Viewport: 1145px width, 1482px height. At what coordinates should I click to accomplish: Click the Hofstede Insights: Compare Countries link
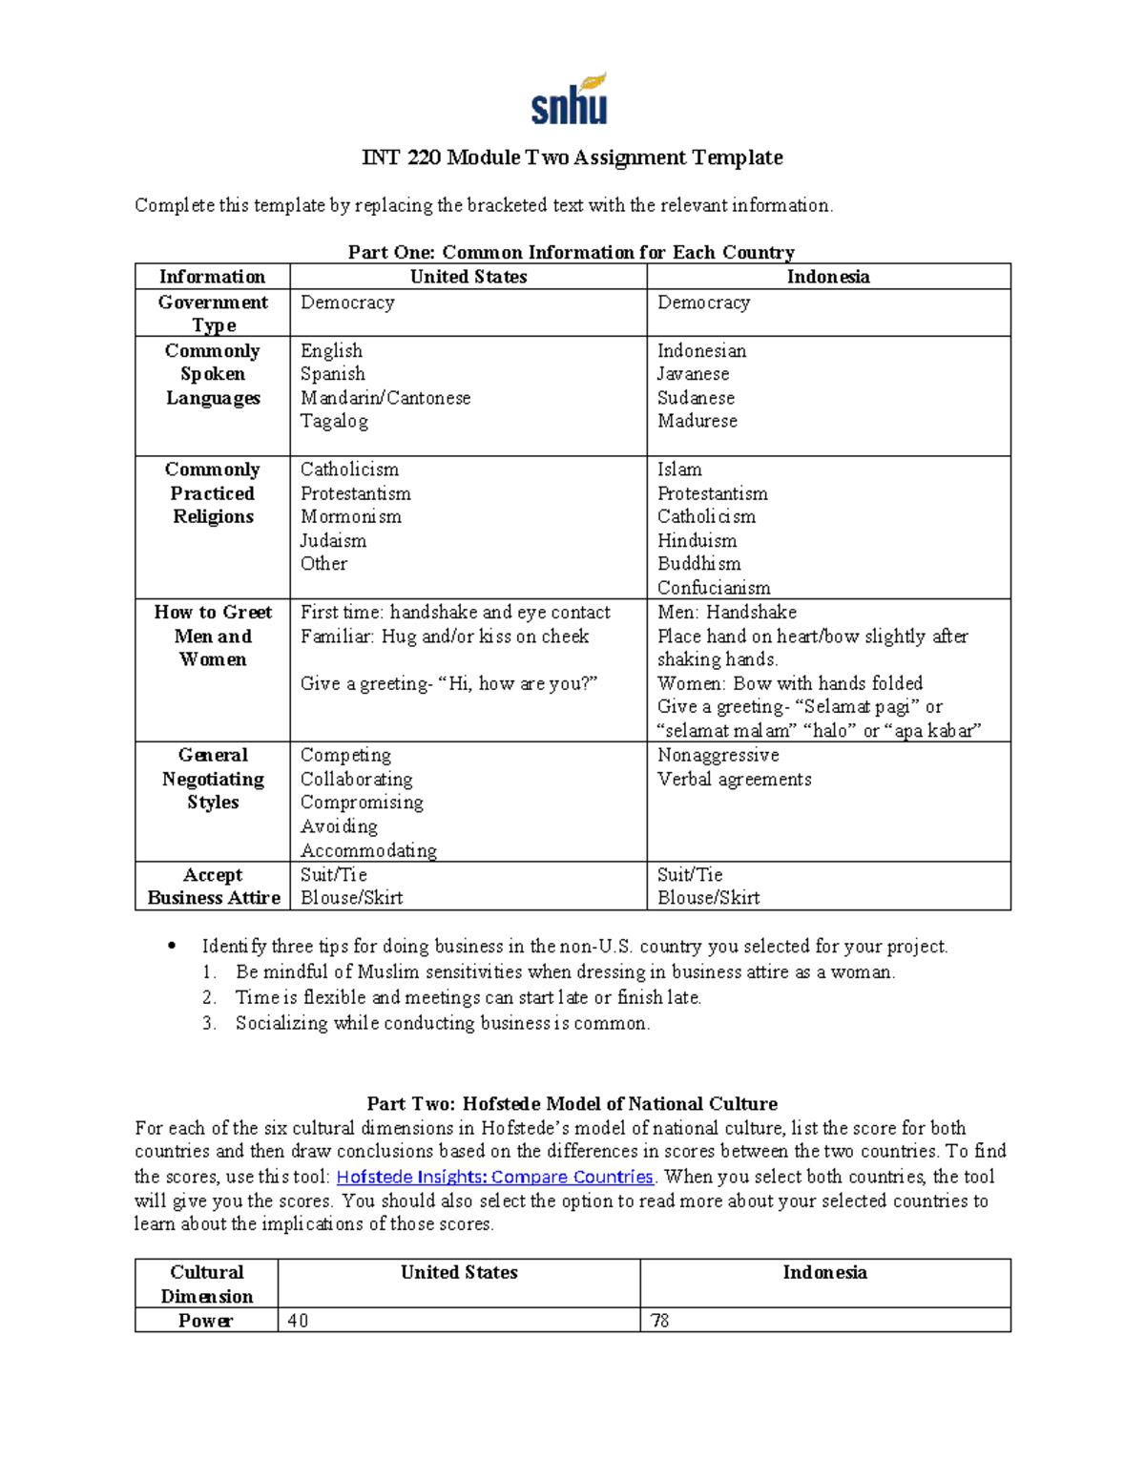(494, 1177)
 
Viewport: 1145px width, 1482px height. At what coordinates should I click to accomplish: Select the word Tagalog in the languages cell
(334, 421)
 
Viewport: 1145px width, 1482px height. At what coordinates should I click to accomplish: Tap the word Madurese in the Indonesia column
(697, 421)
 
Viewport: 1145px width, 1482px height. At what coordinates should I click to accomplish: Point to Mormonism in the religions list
(350, 516)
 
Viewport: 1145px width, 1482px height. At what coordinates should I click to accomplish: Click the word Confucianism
(713, 588)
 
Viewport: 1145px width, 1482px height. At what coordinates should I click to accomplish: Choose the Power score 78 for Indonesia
(659, 1321)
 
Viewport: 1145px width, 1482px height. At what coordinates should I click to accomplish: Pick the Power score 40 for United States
(298, 1321)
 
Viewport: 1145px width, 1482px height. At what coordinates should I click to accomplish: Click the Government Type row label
(213, 313)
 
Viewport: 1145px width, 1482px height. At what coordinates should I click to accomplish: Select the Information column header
(212, 277)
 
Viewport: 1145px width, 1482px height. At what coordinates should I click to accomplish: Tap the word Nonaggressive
(718, 755)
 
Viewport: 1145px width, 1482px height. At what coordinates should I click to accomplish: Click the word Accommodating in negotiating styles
(368, 850)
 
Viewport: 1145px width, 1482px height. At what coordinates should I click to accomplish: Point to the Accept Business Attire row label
(213, 886)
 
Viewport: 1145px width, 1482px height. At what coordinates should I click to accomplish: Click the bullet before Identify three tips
(172, 947)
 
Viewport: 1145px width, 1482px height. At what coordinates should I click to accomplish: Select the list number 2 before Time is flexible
(209, 997)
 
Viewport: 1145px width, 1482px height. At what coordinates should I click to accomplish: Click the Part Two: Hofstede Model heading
(572, 1104)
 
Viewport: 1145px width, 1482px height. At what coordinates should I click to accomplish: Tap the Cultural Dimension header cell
(206, 1284)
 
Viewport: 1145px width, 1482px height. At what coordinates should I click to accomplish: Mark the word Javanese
(693, 374)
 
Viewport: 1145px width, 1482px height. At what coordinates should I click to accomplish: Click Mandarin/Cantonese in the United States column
(385, 398)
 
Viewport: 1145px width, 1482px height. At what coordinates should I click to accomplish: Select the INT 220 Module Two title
(572, 157)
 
